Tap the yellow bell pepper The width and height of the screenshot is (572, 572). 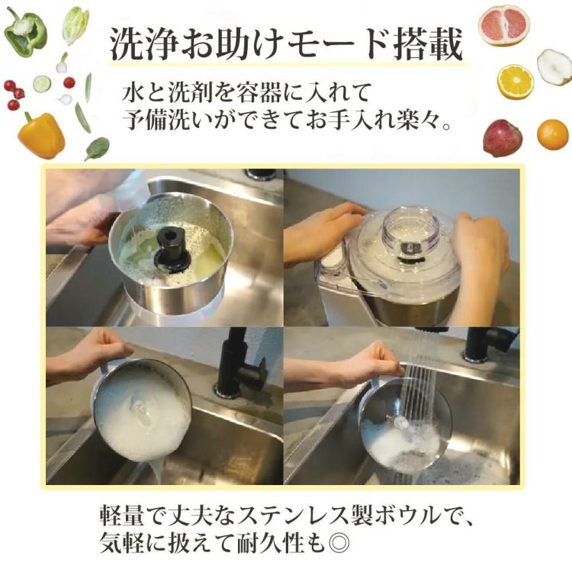(x=41, y=135)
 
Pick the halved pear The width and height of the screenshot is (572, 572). (x=554, y=66)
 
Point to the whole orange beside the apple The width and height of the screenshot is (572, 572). (x=552, y=135)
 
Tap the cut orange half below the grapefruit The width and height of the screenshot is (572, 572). (x=516, y=82)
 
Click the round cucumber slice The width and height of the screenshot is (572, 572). (x=42, y=84)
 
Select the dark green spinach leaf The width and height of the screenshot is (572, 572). (x=97, y=148)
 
